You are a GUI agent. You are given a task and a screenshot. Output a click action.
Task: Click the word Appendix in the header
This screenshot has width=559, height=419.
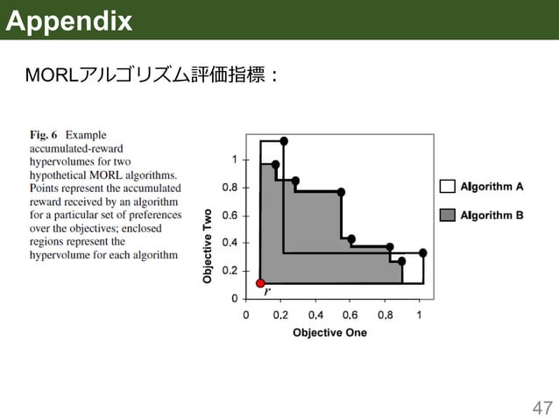coord(68,20)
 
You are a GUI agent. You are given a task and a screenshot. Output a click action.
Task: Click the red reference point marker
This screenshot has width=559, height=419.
coord(260,283)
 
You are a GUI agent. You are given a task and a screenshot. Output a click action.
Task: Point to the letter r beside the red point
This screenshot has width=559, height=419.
coord(268,291)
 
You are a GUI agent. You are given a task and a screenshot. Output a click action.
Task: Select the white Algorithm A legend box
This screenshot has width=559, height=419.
coord(448,186)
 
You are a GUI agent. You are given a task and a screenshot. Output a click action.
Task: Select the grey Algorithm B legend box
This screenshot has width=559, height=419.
coord(448,215)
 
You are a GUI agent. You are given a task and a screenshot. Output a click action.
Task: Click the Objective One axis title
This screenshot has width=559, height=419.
coord(329,332)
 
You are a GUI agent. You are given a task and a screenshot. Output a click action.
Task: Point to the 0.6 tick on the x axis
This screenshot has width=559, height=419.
coord(350,314)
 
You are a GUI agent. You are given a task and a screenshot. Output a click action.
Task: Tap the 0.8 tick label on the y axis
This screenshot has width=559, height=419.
coord(229,187)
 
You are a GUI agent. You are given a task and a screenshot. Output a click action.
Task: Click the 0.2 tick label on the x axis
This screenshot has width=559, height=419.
coord(280,314)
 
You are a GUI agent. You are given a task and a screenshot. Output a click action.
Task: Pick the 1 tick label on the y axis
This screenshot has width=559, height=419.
coord(234,160)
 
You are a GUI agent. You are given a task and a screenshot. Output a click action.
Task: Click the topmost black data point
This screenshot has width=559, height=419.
coord(284,141)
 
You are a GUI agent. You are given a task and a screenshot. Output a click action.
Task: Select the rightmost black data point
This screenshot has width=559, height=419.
coord(423,252)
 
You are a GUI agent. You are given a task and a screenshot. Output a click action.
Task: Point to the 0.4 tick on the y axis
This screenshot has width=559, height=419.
coord(229,243)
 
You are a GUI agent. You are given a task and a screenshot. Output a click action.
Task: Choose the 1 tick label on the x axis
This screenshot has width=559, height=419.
coord(419,314)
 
